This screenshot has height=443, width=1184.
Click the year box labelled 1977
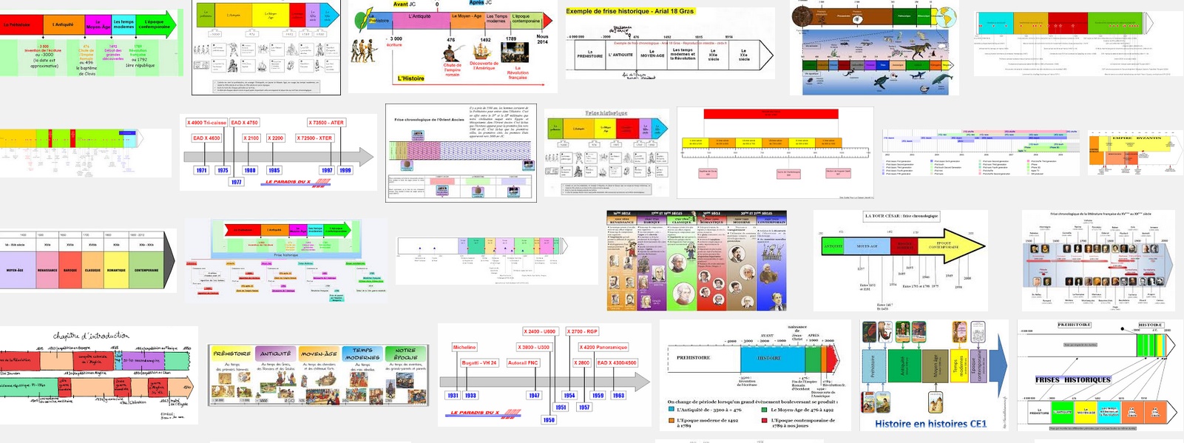pyautogui.click(x=236, y=181)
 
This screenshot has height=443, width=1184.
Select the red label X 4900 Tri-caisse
pyautogui.click(x=206, y=123)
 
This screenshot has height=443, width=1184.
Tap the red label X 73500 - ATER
pyautogui.click(x=326, y=123)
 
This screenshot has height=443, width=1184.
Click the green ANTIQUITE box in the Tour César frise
pyautogui.click(x=833, y=246)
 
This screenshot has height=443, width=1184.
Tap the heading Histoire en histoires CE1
pyautogui.click(x=930, y=424)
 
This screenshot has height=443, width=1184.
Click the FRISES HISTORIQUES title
pyautogui.click(x=1072, y=379)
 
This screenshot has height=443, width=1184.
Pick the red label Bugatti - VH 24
pyautogui.click(x=479, y=363)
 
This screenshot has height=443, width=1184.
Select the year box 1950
pyautogui.click(x=549, y=420)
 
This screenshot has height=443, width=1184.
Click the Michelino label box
pyautogui.click(x=464, y=347)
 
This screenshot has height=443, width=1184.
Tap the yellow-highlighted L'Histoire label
pyautogui.click(x=411, y=78)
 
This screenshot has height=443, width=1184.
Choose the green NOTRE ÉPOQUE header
pyautogui.click(x=405, y=354)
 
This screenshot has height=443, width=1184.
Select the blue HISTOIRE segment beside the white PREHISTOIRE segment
pyautogui.click(x=769, y=358)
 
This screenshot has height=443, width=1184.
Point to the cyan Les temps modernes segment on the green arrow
pyautogui.click(x=124, y=24)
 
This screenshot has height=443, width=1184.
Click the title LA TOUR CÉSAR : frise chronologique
pyautogui.click(x=901, y=216)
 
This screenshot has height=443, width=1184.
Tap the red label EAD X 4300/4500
pyautogui.click(x=617, y=363)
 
